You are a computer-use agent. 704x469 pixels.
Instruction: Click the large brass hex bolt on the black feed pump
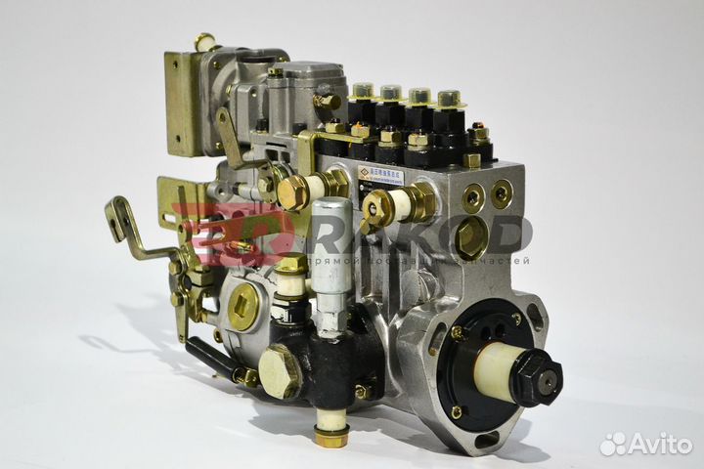(x=280, y=370)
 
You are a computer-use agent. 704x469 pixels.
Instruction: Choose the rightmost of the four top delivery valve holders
(x=448, y=99)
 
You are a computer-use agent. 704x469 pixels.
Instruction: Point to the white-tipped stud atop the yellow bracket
(x=204, y=40)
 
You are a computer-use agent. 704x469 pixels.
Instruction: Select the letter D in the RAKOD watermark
(x=512, y=235)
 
